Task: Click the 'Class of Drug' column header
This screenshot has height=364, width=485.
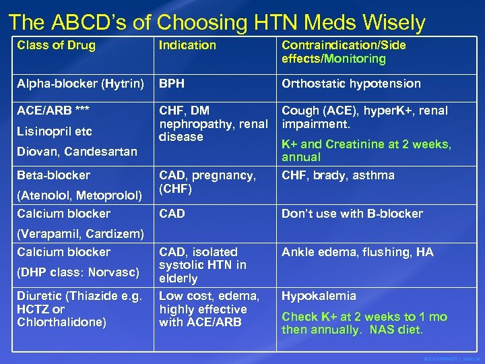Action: pos(57,46)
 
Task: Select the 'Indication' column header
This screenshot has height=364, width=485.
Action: pos(187,46)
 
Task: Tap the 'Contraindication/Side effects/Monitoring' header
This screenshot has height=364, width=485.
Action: pos(344,52)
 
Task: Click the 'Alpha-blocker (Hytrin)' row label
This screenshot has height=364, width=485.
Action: pos(81,84)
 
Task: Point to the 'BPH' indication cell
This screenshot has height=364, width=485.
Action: pos(172,84)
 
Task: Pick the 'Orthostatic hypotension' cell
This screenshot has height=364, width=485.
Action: pos(351,84)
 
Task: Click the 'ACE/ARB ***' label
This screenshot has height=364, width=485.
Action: pos(54,111)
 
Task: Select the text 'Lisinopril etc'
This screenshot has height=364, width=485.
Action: pos(55,131)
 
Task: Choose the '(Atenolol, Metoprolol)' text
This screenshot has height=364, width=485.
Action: pos(79,195)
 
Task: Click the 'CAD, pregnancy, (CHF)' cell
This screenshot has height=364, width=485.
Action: pos(207,182)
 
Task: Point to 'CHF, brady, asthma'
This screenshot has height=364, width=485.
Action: pos(338,175)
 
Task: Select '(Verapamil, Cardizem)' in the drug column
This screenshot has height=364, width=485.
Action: pos(81,234)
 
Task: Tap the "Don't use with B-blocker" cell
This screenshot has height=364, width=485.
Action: pos(352,214)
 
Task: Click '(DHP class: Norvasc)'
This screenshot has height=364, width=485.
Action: pos(78,272)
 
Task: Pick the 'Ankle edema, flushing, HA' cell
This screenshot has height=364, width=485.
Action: pos(358,252)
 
